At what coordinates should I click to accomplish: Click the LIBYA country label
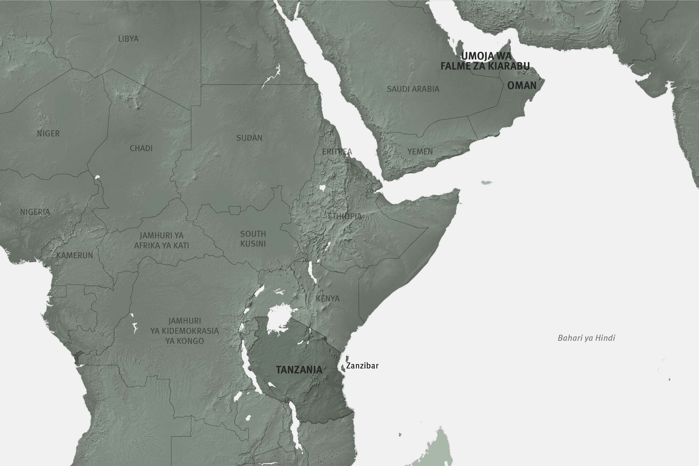coord(128,39)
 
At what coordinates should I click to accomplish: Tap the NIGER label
coord(48,134)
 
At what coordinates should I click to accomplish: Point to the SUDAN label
coord(249,138)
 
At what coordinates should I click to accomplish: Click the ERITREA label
coord(337,152)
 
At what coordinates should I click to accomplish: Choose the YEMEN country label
coord(420,152)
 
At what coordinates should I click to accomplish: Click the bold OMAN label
coord(522,86)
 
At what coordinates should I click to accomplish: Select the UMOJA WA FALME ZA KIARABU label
coord(485,61)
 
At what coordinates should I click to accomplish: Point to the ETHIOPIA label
coord(345,216)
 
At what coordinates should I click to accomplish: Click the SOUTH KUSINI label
coord(253,239)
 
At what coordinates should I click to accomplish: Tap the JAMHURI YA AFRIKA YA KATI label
coord(162,240)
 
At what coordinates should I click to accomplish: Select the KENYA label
coord(327,298)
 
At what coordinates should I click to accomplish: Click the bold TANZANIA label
coord(299,370)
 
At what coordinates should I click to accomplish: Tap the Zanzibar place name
coord(362,366)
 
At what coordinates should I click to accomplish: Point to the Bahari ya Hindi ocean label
coord(586,338)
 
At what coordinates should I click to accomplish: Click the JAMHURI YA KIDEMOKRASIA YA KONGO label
coord(184,331)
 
